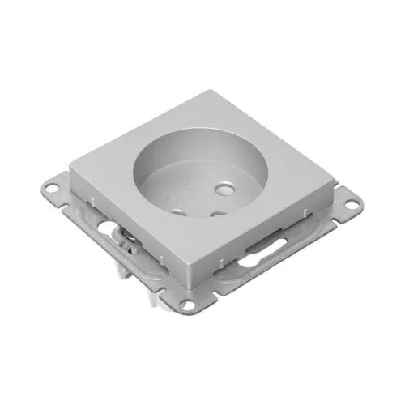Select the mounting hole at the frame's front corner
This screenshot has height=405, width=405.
coord(191,305)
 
